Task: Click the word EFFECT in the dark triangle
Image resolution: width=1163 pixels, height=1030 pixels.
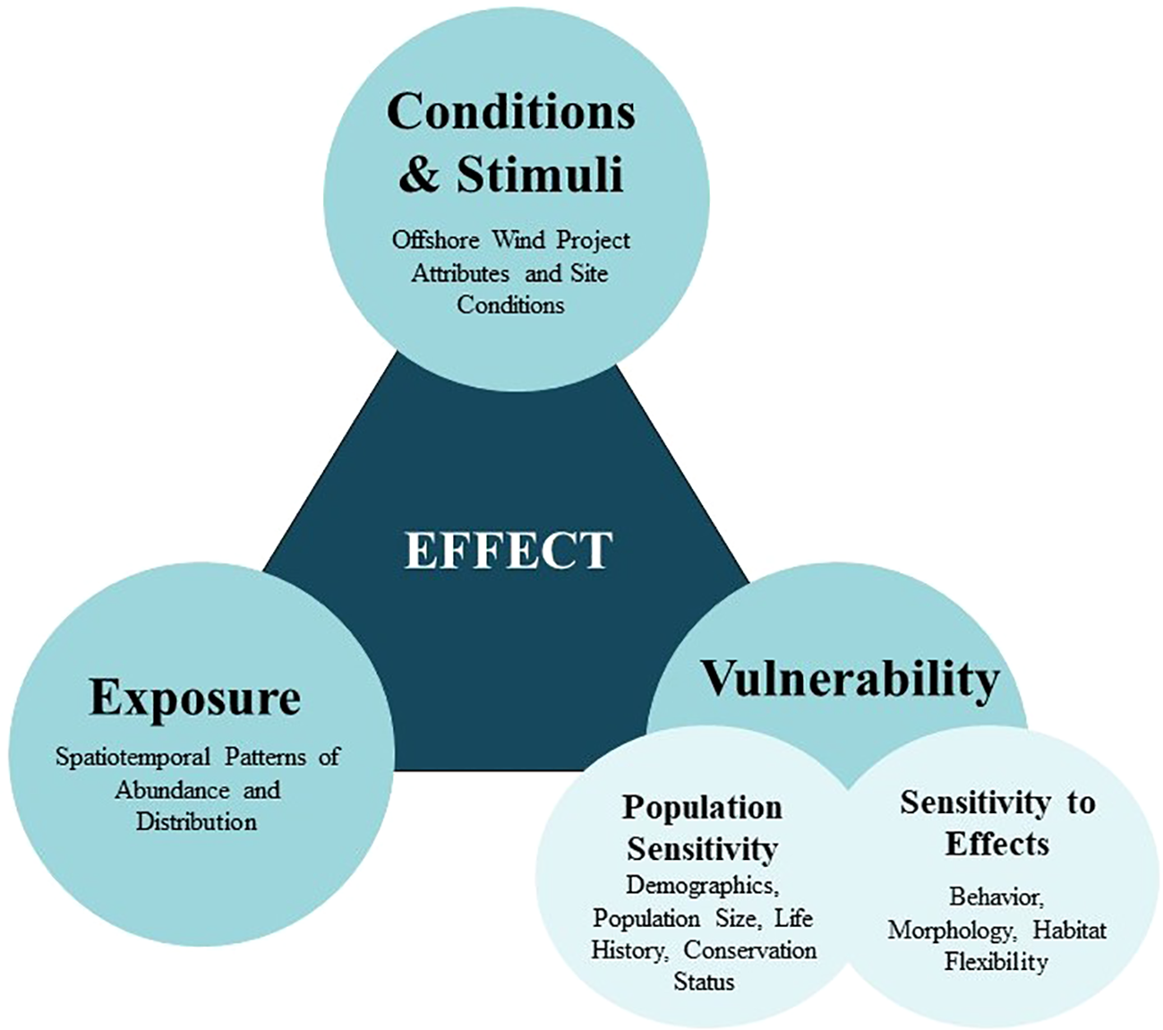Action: [509, 550]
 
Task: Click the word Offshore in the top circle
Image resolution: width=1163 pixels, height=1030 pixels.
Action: [436, 239]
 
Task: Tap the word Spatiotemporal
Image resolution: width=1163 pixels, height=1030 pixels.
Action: [132, 757]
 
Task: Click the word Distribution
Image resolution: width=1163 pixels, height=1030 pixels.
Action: [196, 822]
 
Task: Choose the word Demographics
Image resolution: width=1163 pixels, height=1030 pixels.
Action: [703, 885]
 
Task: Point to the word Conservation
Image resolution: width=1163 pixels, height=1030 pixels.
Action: [750, 950]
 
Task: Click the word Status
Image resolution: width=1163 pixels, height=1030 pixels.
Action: [704, 982]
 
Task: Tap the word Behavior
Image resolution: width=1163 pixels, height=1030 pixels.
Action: [996, 897]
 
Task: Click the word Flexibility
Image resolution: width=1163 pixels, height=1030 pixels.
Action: [996, 962]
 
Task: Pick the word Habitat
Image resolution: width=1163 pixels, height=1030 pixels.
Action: [1069, 930]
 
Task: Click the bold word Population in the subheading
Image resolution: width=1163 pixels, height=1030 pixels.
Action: [702, 808]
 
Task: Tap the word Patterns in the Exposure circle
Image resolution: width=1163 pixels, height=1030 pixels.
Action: [265, 757]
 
